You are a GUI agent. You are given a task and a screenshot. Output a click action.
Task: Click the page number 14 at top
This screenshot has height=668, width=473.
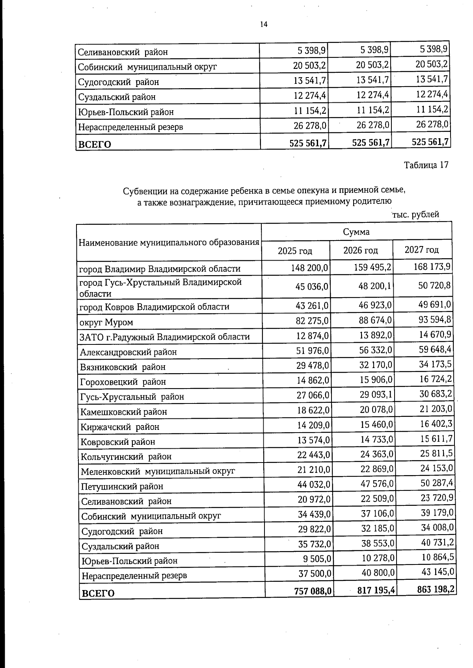(x=264, y=24)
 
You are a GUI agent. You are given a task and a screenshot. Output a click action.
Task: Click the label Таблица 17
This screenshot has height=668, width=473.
(x=426, y=165)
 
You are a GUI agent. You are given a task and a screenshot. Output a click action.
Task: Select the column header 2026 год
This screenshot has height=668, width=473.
(x=361, y=250)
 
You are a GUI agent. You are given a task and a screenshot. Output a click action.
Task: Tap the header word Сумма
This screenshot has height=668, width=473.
(x=356, y=231)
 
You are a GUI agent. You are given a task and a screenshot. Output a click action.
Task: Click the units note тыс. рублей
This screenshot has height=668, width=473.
(x=415, y=215)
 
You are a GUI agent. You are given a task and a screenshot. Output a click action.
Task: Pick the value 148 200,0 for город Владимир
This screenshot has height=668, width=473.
(x=309, y=268)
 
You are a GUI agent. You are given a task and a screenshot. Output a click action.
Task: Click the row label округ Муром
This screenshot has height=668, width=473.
(x=106, y=322)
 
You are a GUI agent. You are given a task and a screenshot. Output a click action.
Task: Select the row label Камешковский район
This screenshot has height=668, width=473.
(x=123, y=412)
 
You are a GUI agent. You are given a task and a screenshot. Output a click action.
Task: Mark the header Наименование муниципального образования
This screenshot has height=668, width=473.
(x=169, y=242)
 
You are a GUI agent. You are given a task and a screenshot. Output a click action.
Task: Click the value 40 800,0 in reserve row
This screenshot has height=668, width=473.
(x=378, y=573)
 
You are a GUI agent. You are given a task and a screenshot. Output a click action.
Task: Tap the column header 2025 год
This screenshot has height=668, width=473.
(x=295, y=251)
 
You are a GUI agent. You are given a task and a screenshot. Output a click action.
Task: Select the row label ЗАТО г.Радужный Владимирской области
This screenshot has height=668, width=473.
(x=164, y=337)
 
